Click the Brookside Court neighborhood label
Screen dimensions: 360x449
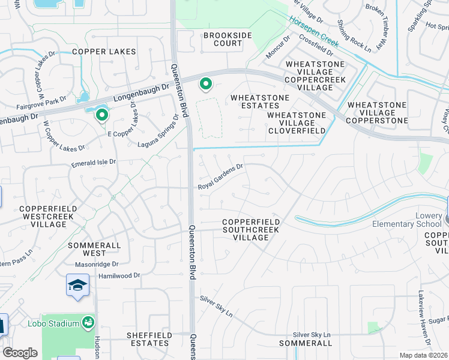227,40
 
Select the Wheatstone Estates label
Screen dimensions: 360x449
260,101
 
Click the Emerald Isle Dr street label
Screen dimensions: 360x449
93,162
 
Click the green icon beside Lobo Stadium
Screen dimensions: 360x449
89,323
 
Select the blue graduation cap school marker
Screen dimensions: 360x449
77,284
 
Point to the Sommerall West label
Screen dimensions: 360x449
94,250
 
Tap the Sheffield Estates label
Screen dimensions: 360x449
153,339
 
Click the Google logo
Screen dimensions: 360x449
20,353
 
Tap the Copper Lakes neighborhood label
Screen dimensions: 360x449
104,52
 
